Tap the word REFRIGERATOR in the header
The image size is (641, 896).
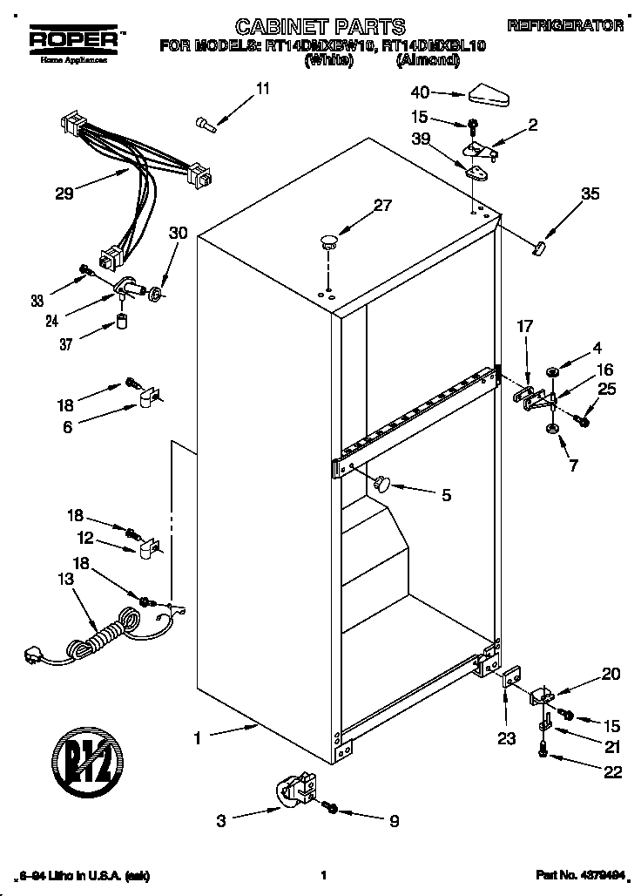(x=565, y=26)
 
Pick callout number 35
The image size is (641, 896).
(x=590, y=194)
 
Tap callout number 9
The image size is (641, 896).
(x=394, y=819)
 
